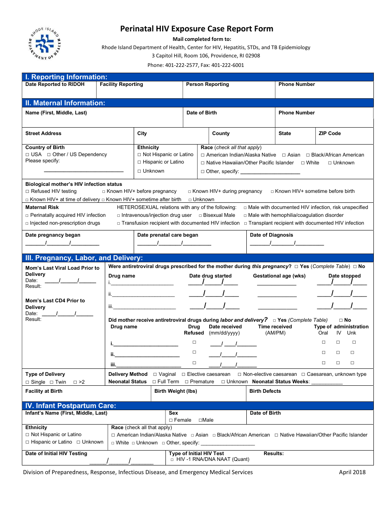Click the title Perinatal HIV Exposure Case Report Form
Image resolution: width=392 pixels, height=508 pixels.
pos(196,28)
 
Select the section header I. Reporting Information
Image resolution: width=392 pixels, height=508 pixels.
pos(66,77)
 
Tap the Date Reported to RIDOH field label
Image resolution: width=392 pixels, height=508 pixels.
pos(55,84)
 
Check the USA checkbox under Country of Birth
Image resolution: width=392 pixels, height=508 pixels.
pos(27,155)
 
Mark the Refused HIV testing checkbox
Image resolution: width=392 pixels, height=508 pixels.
pos(27,192)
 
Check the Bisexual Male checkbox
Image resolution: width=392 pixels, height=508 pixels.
pos(200,215)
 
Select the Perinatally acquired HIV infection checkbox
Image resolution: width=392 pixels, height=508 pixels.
pos(27,216)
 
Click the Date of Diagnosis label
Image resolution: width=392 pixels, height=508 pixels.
pos(271,235)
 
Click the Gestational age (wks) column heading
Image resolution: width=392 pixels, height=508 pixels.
pos(279,276)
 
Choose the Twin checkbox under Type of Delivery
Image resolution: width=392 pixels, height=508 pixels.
pos(52,382)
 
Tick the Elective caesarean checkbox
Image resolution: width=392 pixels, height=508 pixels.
pos(184,375)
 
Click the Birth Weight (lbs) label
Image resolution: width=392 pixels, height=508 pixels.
pos(175,391)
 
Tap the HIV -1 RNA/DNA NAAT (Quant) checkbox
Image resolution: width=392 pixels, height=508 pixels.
pos(172,459)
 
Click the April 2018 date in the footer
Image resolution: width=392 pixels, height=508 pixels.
pos(352,472)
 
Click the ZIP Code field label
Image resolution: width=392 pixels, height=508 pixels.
pos(330,133)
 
